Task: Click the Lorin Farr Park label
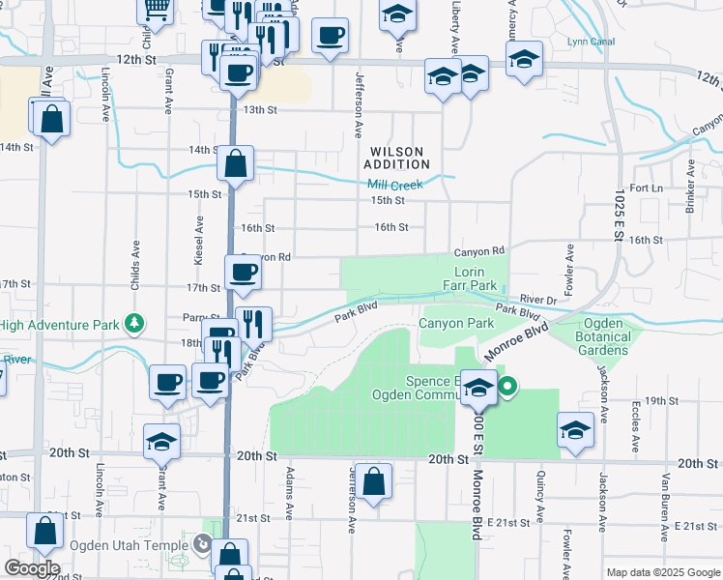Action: (476, 279)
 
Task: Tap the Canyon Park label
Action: (456, 323)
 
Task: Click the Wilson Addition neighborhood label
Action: (397, 158)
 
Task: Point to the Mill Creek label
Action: (396, 183)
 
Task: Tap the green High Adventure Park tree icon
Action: (137, 322)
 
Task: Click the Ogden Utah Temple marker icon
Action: (202, 544)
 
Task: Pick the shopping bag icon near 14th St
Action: (236, 163)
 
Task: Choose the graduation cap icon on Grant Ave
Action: (161, 444)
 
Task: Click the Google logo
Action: (31, 568)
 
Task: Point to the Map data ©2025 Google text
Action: (662, 572)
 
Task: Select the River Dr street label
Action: (537, 300)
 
